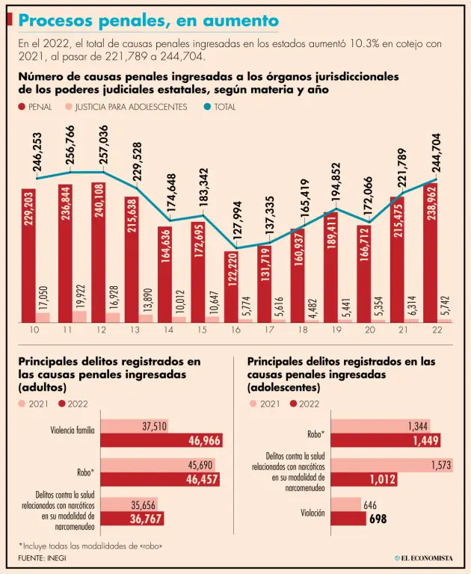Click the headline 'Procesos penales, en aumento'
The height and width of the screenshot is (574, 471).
(x=148, y=20)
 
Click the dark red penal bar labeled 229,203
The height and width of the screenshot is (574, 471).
(x=28, y=254)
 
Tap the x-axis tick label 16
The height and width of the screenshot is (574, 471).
(x=236, y=330)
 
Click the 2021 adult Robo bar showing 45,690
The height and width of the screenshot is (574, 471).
(x=158, y=464)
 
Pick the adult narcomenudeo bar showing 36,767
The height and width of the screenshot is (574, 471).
(x=132, y=518)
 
